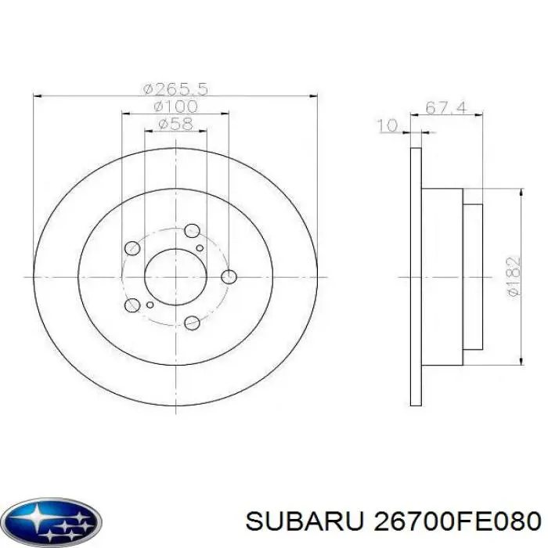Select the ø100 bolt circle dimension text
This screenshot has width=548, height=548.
coord(175,106)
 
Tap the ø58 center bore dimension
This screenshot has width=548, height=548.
coord(175,124)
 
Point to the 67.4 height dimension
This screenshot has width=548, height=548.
coord(447,107)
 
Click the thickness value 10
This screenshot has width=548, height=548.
coord(386,125)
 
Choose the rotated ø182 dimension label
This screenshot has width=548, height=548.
coord(513,276)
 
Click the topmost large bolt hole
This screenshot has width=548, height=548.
coord(192,231)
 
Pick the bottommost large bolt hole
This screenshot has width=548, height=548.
coord(192,323)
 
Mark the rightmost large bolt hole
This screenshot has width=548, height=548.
coord(229,276)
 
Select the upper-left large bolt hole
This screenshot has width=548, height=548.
coord(132,248)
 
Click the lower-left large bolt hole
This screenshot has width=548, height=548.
coord(132,305)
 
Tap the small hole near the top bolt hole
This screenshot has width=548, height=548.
coord(200,247)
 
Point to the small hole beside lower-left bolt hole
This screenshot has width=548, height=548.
coord(150,305)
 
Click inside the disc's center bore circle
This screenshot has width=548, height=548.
coord(175,276)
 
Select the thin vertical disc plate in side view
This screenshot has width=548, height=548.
coord(416,276)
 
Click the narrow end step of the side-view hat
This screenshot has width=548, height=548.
coord(473,276)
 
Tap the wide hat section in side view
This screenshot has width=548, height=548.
coord(442,276)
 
